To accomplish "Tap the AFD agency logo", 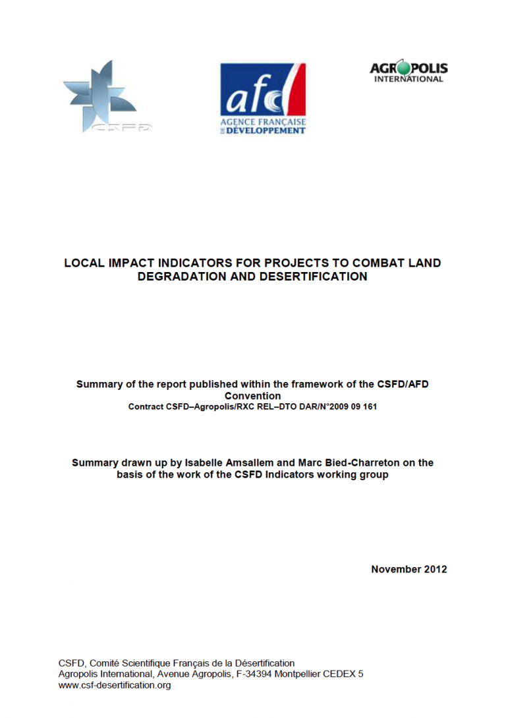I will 263,98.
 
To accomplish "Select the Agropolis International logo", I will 408,71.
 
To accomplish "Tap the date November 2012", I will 408,569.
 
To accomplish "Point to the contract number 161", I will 368,406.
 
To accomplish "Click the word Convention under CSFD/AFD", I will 252,396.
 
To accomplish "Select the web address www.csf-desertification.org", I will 115,685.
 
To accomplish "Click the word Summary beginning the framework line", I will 97,384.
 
